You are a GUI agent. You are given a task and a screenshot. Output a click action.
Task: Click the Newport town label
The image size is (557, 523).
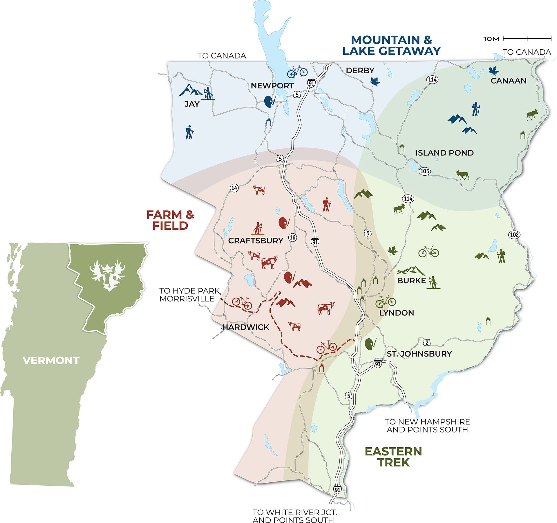coord(272,86)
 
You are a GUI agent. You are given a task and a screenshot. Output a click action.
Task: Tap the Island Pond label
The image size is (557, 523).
coord(444,153)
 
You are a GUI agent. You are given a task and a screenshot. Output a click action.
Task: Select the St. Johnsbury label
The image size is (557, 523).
coord(419,354)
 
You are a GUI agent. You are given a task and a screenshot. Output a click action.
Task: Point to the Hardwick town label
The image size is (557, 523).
coord(245,327)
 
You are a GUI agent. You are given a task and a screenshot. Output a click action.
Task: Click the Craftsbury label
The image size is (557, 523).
coord(256,240)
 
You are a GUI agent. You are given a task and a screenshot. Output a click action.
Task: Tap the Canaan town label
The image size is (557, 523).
coord(508,81)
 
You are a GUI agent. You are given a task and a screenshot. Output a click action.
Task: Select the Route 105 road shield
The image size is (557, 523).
coord(424,171)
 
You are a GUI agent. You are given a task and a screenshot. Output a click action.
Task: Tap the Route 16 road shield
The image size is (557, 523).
coord(293,237)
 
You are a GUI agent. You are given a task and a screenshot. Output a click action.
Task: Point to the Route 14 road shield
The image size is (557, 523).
coord(234,188)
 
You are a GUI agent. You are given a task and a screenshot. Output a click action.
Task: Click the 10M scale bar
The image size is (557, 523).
coord(527,38)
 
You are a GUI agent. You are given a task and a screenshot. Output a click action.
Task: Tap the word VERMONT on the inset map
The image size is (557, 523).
coord(51,360)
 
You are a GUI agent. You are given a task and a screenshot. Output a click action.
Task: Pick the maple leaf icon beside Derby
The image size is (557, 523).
coord(375,82)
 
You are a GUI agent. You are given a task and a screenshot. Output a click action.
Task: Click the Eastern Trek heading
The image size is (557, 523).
coord(393,457)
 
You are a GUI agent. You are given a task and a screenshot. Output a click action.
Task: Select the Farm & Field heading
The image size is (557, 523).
coord(170,220)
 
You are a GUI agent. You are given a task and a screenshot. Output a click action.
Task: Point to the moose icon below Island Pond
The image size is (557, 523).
coord(462,175)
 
